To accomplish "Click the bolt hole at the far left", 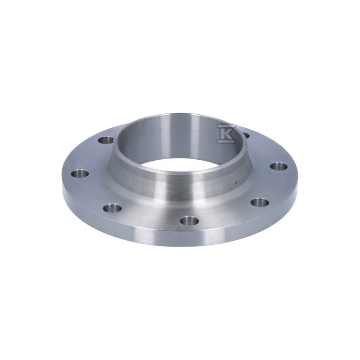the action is coord(80,174).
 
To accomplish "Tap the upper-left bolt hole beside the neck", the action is coord(106,140).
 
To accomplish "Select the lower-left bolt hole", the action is coord(112,208).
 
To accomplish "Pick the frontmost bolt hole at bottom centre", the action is coord(189,221).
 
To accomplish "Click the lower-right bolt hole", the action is coord(260,202).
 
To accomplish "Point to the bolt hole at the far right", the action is coord(279,166).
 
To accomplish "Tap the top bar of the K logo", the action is coord(226,126).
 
